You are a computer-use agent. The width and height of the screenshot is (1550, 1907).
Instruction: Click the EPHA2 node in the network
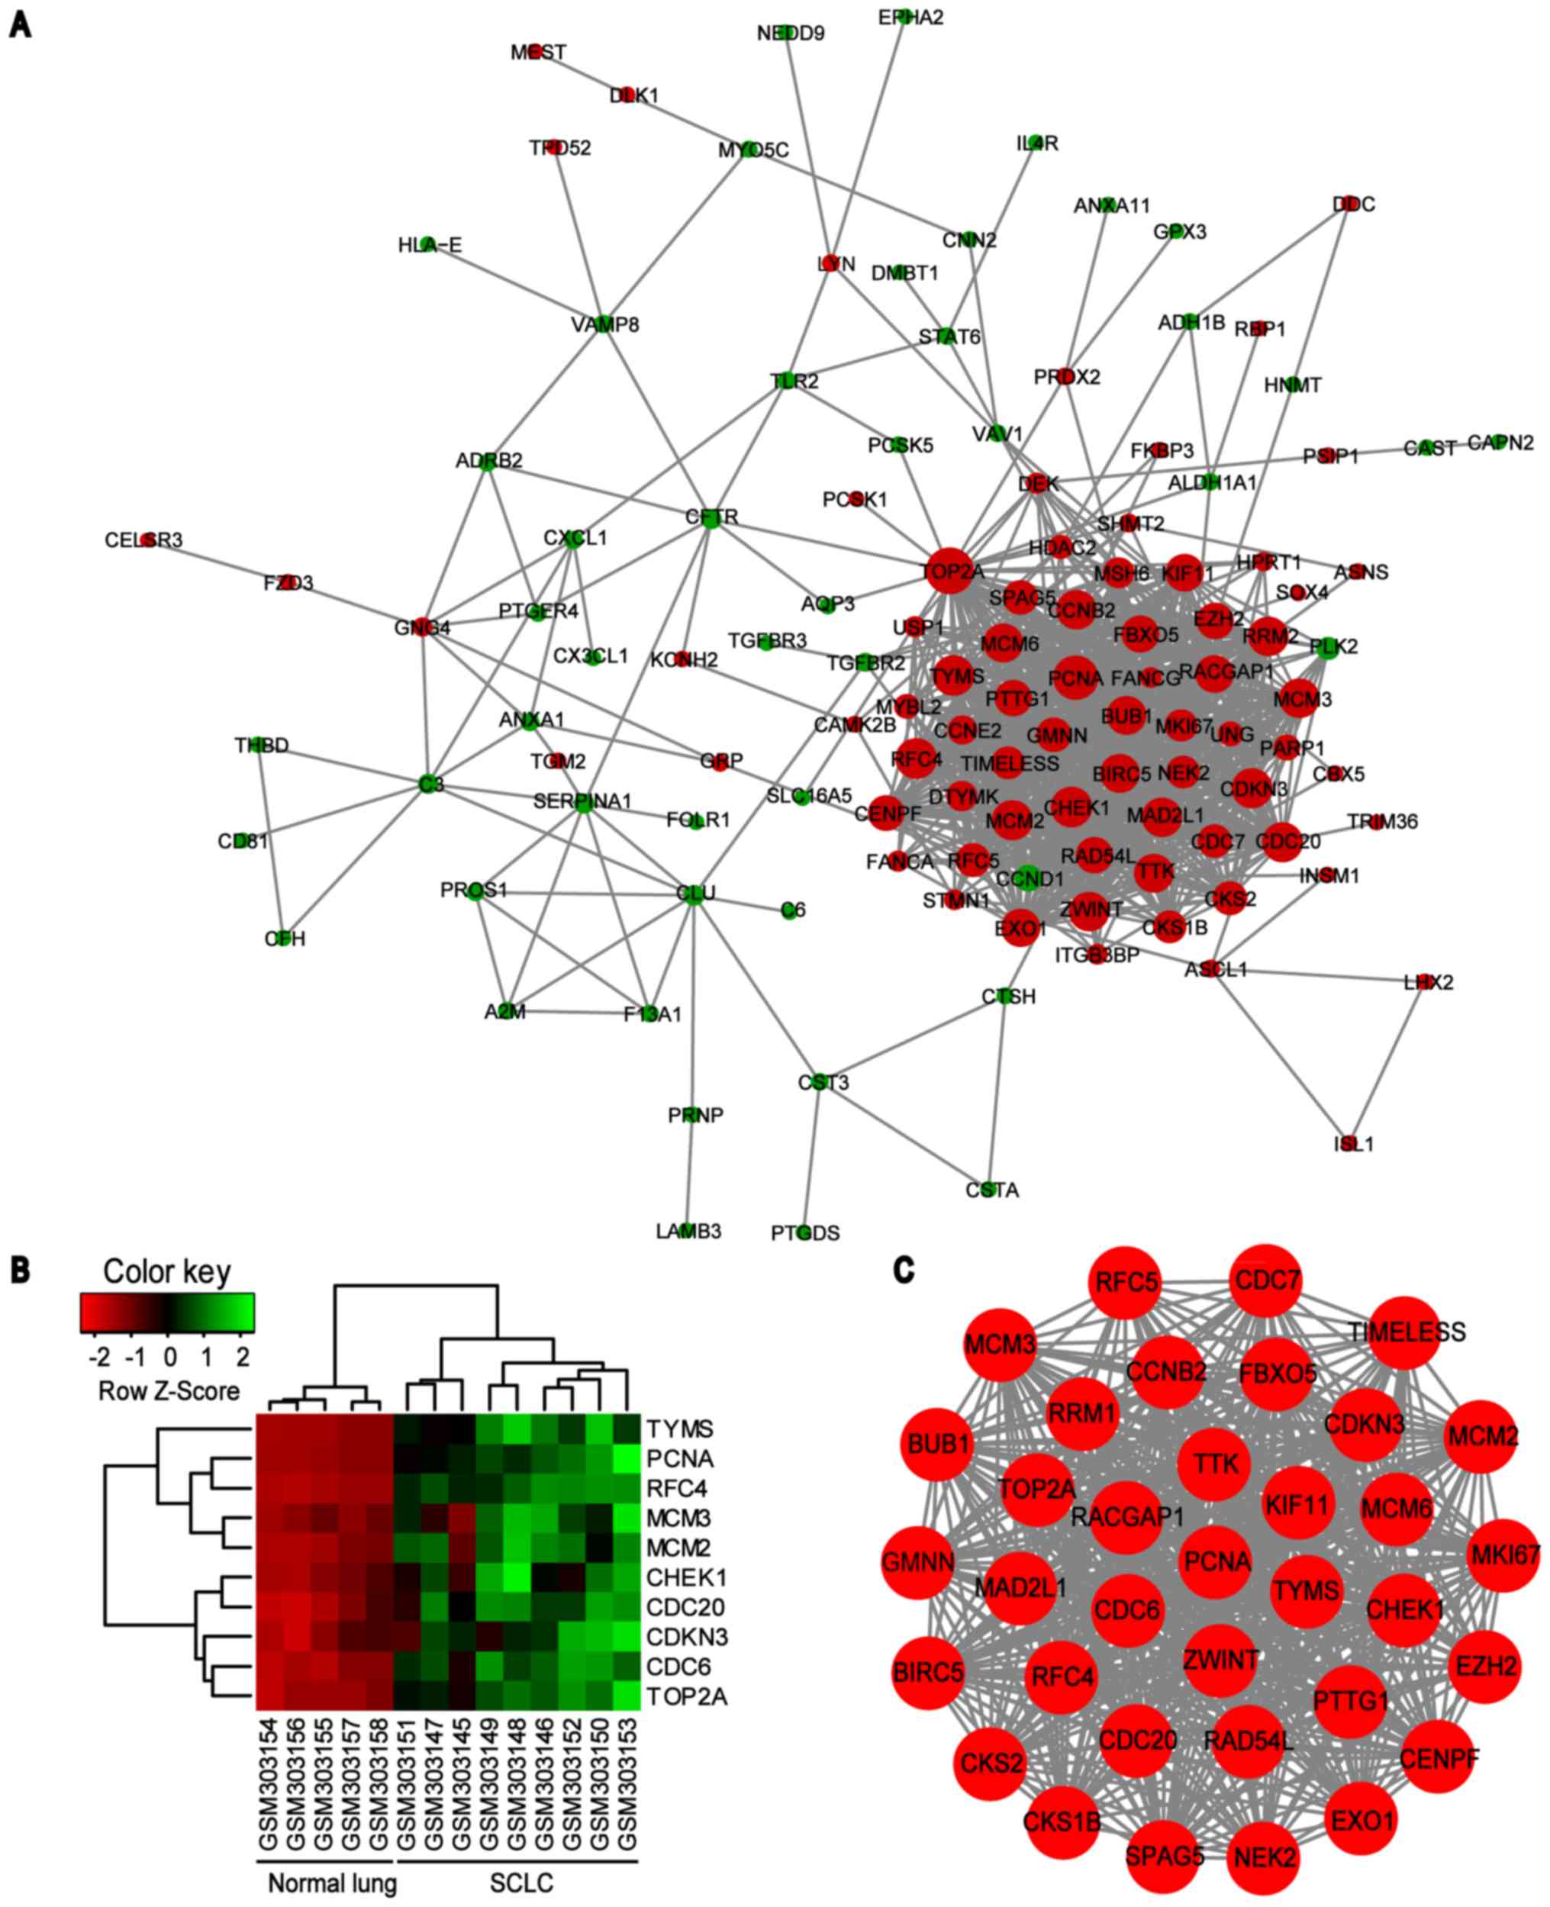pyautogui.click(x=905, y=17)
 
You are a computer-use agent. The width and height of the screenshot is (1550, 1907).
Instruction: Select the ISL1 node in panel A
pyautogui.click(x=1349, y=1142)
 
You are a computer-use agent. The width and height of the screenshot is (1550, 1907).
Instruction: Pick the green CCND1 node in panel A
pyautogui.click(x=1028, y=878)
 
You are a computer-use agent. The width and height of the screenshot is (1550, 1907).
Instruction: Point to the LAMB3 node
pyautogui.click(x=688, y=1230)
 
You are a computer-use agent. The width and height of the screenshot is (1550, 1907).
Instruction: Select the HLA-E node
pyautogui.click(x=429, y=243)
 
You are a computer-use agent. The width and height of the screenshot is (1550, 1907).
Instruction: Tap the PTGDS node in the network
pyautogui.click(x=804, y=1232)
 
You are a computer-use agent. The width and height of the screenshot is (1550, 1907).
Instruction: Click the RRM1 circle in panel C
pyautogui.click(x=1082, y=1413)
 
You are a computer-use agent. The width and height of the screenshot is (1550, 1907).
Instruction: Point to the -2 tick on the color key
pyautogui.click(x=100, y=1357)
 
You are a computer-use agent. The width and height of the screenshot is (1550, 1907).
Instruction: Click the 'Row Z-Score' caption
pyautogui.click(x=169, y=1391)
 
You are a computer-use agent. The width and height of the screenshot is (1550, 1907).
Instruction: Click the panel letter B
pyautogui.click(x=20, y=1271)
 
